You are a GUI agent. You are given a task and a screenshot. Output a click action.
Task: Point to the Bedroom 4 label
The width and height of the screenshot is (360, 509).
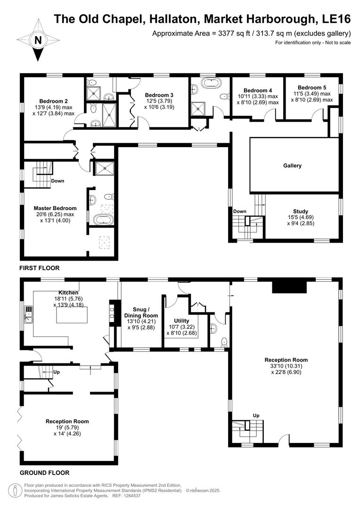(x=257, y=90)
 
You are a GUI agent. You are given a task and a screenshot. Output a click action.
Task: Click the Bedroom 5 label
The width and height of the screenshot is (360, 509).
(x=311, y=88)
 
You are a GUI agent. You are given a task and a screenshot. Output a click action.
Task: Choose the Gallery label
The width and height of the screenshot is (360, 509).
(x=292, y=165)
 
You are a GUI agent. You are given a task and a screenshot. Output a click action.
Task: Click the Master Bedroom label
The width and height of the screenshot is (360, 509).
(x=55, y=208)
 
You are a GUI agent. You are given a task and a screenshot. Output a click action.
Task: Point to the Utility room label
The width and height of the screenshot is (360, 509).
(x=181, y=320)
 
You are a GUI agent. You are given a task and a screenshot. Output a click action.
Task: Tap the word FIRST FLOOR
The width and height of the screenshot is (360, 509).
(x=39, y=268)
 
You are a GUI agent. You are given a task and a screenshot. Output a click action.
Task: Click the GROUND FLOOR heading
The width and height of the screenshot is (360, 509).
(x=44, y=473)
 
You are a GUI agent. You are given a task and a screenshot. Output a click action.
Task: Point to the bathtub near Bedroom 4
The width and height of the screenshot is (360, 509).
(x=210, y=85)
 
